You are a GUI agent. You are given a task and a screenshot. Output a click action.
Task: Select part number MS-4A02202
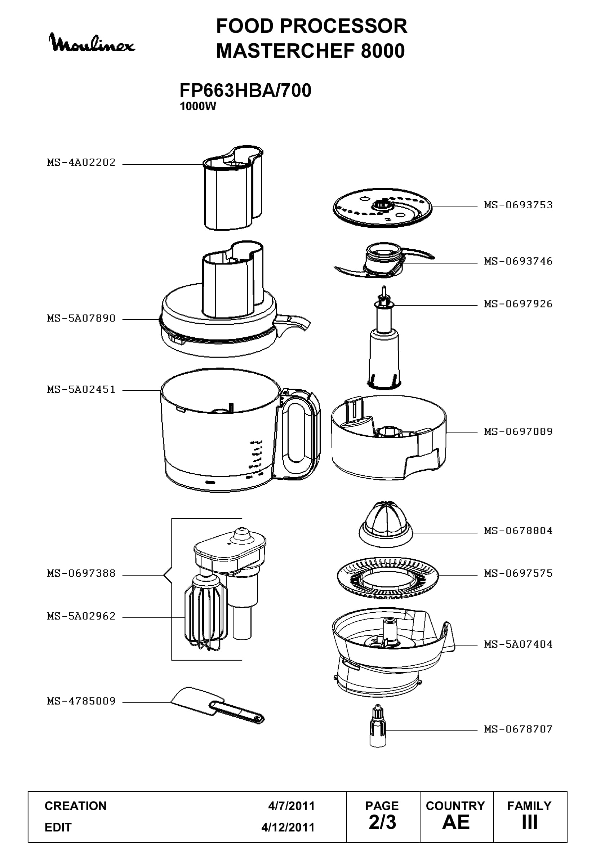point(81,162)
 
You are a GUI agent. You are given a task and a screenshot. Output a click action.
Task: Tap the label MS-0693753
point(518,205)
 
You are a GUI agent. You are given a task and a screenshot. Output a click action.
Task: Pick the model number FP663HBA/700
point(245,90)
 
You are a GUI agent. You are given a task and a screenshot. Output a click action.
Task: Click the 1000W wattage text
point(198,106)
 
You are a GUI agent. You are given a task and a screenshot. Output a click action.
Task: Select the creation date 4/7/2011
point(292,806)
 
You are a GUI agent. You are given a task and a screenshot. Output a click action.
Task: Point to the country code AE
point(456,823)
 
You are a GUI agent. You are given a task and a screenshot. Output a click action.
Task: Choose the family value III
point(530,823)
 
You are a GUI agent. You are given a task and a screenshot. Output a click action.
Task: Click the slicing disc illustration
point(382,208)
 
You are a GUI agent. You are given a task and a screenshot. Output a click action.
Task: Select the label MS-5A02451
point(81,389)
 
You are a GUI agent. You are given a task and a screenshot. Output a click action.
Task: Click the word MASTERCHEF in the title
point(286,51)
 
